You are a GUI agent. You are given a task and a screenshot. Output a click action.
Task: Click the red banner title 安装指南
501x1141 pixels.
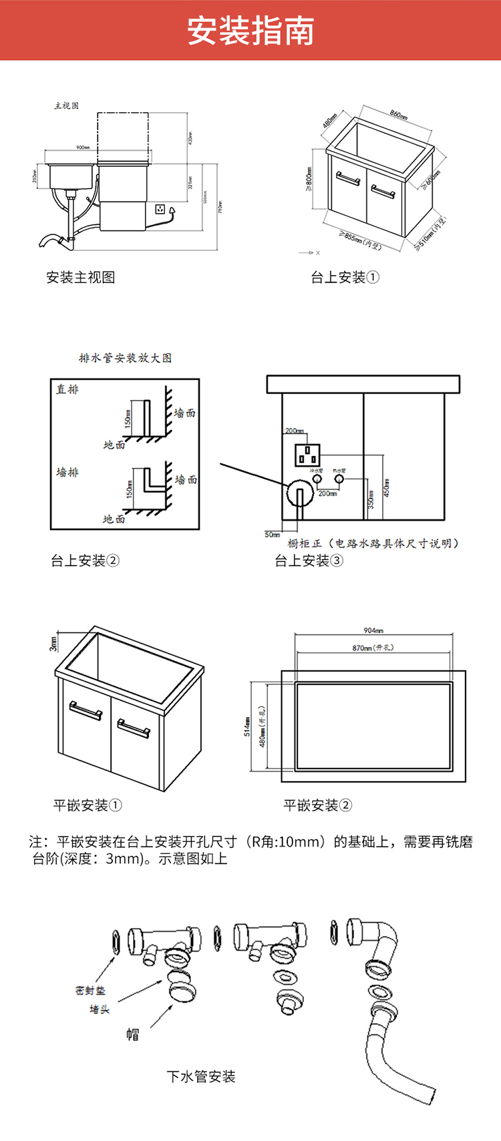251,31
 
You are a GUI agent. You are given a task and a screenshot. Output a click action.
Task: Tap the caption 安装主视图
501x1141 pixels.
81,277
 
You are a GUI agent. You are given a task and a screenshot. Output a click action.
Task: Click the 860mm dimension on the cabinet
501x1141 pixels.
398,114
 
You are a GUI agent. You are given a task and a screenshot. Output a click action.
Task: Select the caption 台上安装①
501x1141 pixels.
345,277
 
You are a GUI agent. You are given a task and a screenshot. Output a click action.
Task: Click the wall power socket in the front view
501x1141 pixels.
160,209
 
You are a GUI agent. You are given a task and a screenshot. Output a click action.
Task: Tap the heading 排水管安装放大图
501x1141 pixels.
125,358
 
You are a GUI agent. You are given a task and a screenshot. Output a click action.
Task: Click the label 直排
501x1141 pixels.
67,389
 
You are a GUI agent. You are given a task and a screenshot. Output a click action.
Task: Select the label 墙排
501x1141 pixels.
67,472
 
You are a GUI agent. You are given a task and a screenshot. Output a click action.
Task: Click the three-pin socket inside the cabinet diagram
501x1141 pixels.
307,455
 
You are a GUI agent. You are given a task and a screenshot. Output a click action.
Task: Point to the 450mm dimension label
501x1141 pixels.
387,488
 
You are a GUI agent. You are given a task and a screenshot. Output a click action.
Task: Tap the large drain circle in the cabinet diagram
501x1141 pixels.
300,495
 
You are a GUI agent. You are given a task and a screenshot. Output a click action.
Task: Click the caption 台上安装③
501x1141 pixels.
309,561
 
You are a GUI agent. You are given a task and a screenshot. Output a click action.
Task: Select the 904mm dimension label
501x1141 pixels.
373,630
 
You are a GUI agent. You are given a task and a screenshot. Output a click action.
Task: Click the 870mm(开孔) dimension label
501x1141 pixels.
373,648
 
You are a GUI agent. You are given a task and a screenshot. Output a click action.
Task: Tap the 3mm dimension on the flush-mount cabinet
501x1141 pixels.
53,643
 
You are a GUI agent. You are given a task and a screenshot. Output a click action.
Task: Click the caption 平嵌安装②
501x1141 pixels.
317,805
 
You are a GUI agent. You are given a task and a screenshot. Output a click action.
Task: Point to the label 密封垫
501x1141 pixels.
90,991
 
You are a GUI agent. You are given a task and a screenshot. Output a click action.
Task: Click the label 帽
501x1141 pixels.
133,1034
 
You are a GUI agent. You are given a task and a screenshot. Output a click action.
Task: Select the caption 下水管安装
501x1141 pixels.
201,1076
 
